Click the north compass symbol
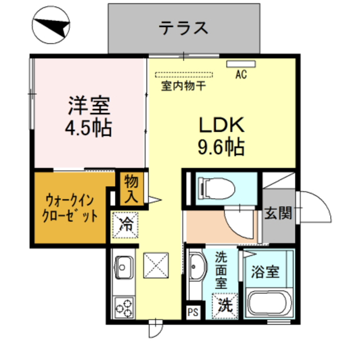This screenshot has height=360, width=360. point(51,25)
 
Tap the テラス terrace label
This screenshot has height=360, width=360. point(183,28)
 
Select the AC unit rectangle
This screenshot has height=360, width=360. point(241,64)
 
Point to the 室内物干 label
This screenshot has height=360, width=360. point(183,86)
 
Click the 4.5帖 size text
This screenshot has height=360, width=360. point(89,128)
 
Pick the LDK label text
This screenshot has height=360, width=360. point(222,125)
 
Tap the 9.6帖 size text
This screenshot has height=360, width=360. point(221,146)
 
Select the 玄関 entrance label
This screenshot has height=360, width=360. point(278,213)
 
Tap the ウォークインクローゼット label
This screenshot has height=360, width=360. point(70,208)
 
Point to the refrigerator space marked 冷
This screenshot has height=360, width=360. point(125,225)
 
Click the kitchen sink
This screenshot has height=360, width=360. point(124,268)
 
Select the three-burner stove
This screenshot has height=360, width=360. point(124,308)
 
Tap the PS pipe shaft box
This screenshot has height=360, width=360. point(193,312)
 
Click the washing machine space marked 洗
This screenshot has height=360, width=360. point(225,306)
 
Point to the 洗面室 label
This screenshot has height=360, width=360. point(221,271)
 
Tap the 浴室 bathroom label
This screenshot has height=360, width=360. point(265,272)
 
